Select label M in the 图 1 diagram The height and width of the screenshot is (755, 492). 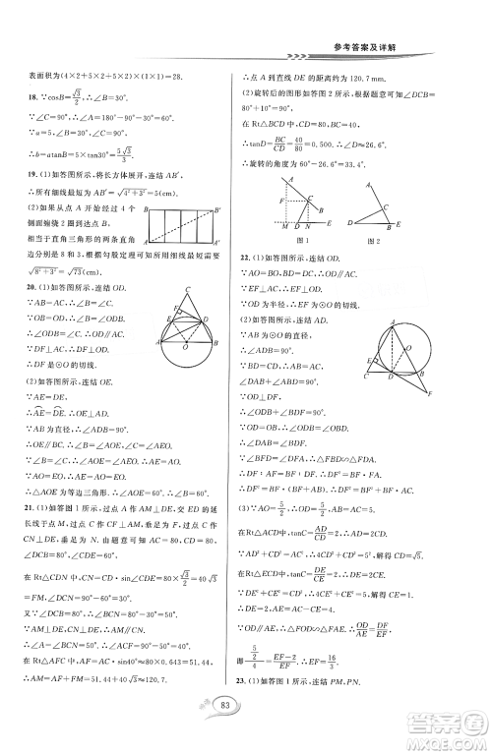point(285,230)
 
